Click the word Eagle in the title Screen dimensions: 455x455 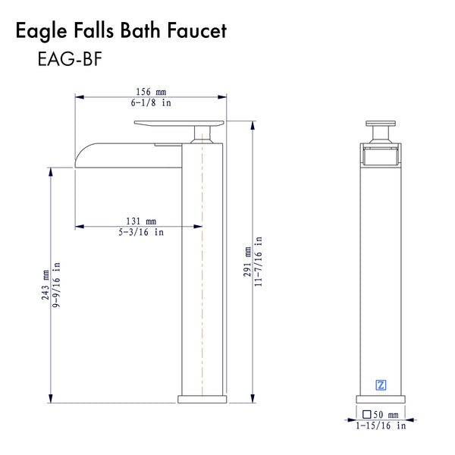pos(42,31)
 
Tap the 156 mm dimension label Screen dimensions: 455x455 pos(152,89)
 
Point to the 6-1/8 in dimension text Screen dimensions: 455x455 pos(151,102)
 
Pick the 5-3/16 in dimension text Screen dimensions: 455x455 pos(141,233)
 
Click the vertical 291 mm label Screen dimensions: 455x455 pos(247,262)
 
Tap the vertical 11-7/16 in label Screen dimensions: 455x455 pos(259,262)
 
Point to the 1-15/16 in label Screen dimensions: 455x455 pos(381,426)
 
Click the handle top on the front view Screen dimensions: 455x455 pos(381,123)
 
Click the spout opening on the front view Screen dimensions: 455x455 pos(381,158)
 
